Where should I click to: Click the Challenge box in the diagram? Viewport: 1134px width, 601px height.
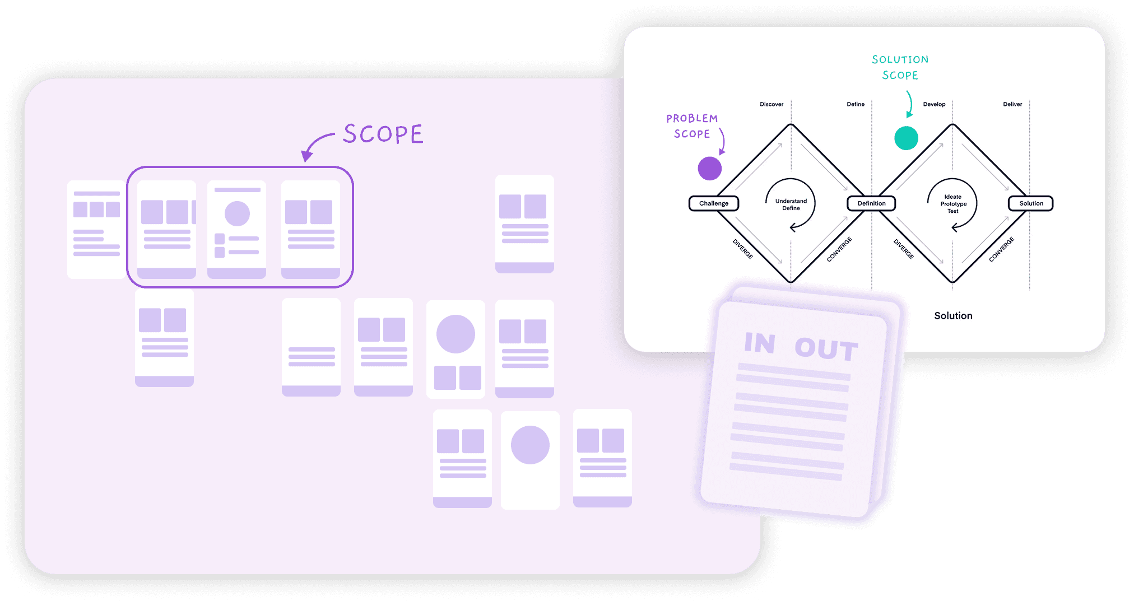coord(713,203)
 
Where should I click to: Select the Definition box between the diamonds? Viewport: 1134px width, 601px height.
coord(871,203)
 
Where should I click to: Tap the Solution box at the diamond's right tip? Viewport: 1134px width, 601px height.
coord(1031,203)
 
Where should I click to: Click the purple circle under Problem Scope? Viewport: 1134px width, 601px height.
coord(709,169)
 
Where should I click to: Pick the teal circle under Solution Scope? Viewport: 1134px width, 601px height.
coord(906,138)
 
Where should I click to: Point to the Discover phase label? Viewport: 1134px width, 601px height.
coord(772,104)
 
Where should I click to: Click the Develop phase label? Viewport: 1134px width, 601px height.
coord(934,104)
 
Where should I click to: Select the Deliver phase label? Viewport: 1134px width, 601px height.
coord(1012,104)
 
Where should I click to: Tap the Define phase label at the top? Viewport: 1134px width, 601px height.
coord(856,104)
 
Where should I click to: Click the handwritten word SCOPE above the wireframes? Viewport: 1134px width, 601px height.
coord(383,134)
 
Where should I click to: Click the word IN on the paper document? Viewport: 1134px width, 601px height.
coord(760,343)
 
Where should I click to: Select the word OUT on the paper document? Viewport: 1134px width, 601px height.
coord(826,348)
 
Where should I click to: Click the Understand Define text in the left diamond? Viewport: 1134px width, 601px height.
coord(791,204)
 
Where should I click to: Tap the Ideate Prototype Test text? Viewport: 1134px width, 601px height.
coord(953,204)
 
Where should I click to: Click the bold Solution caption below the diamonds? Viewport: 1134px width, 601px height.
coord(953,316)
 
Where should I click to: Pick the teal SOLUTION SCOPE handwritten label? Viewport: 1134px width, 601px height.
coord(900,67)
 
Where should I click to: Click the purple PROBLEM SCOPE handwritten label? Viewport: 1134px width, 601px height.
coord(692,126)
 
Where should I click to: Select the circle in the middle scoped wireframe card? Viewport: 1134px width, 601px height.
coord(237,213)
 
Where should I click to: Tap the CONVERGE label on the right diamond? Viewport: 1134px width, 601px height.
coord(1001,249)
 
